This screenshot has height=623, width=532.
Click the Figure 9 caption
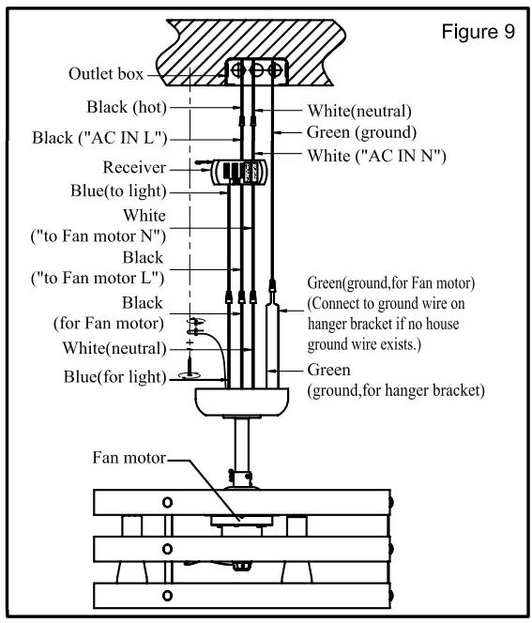point(478,32)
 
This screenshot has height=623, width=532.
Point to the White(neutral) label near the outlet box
point(359,110)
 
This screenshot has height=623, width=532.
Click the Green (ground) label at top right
point(361,132)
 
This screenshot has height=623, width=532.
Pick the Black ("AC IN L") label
point(99,139)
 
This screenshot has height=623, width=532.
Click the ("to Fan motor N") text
point(94,234)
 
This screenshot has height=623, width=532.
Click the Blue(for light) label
point(111,377)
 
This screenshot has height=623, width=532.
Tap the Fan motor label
point(129,459)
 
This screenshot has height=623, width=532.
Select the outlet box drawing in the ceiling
point(252,70)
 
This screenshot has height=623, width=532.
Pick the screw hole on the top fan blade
point(168,502)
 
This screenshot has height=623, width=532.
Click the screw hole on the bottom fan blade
point(168,595)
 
